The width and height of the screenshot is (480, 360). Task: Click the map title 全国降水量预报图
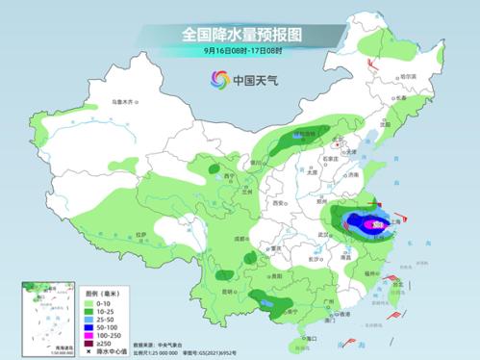(240, 34)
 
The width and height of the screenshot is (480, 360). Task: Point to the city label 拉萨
(141, 234)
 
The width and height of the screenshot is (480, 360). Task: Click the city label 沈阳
(387, 124)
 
